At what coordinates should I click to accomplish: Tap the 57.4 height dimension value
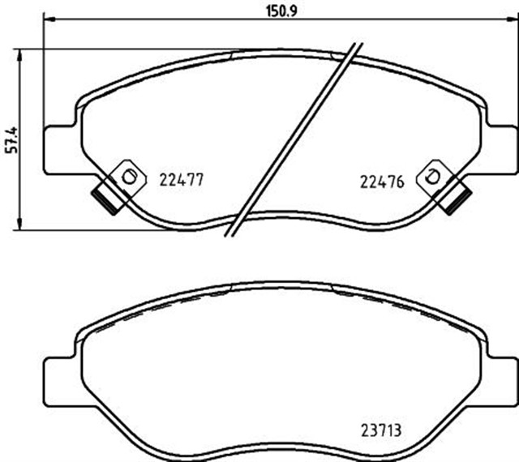point(10,139)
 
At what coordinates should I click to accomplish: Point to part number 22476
point(381,182)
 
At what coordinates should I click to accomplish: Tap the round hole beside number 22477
point(126,176)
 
